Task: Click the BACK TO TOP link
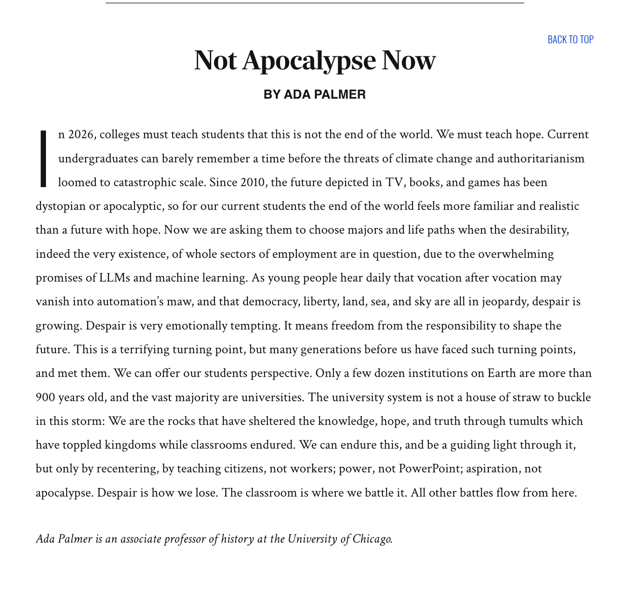pyautogui.click(x=570, y=40)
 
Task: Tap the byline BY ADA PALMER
pyautogui.click(x=314, y=94)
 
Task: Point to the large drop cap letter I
pyautogui.click(x=43, y=159)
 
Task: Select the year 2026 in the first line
pyautogui.click(x=82, y=135)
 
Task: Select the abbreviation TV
pyautogui.click(x=394, y=182)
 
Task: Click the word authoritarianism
pyautogui.click(x=541, y=158)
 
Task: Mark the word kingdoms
pyautogui.click(x=130, y=445)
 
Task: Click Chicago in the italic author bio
pyautogui.click(x=372, y=539)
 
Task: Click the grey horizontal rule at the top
pyautogui.click(x=314, y=3)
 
